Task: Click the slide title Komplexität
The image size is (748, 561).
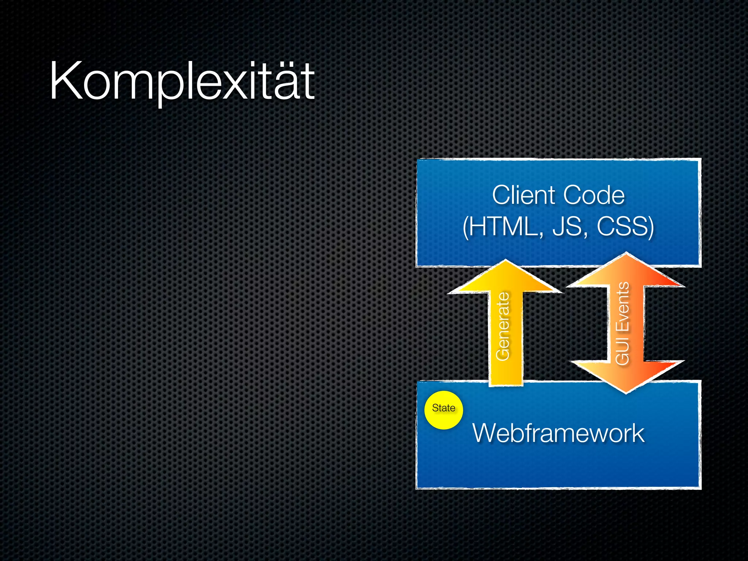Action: click(x=182, y=81)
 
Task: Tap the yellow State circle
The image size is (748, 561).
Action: click(x=443, y=410)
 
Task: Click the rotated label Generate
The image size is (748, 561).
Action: click(x=503, y=326)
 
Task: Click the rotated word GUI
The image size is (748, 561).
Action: click(x=622, y=352)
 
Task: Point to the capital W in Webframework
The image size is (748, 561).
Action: click(x=486, y=433)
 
